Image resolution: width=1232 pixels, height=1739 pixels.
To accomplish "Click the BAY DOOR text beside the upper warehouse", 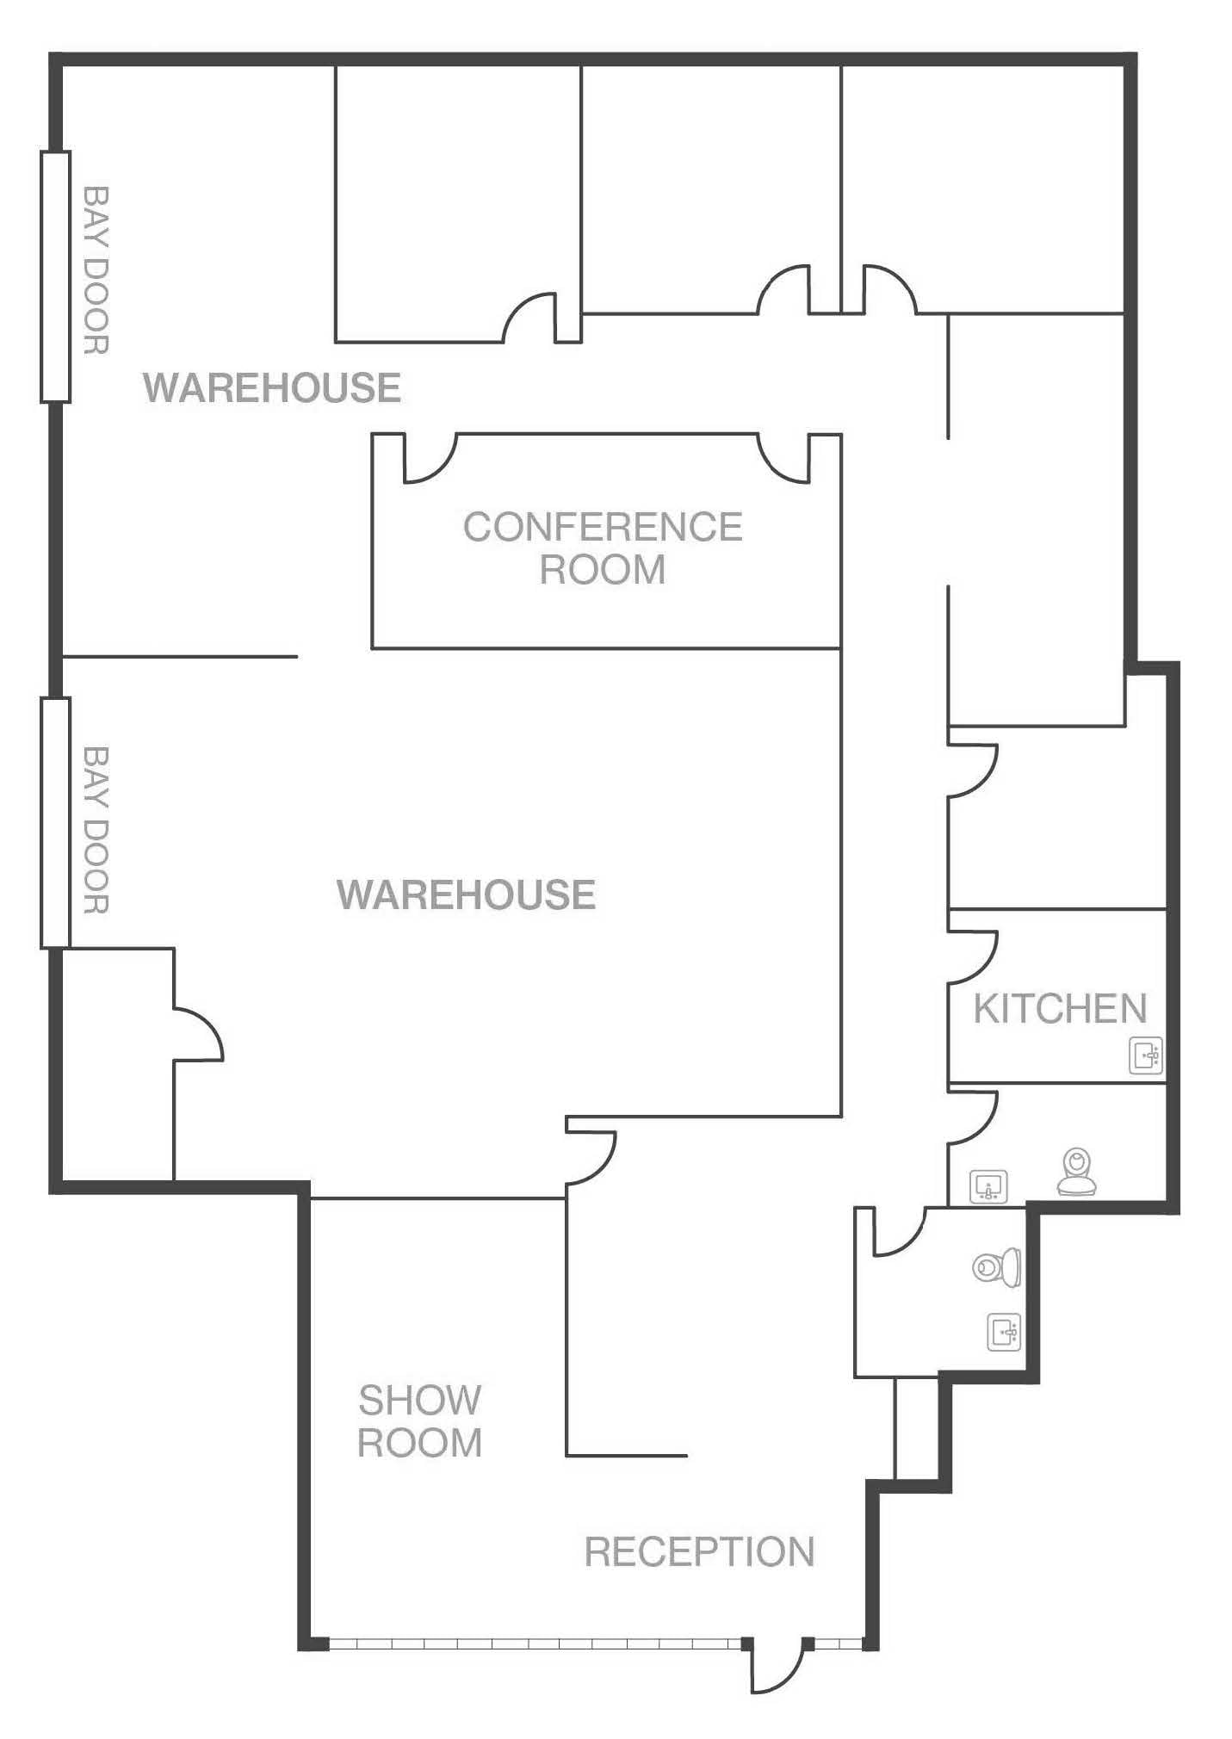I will (96, 270).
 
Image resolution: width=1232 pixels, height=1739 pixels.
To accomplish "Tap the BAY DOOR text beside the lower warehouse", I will (96, 830).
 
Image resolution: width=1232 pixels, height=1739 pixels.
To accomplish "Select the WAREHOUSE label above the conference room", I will (272, 387).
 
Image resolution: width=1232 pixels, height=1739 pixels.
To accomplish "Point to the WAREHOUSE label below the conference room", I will (466, 895).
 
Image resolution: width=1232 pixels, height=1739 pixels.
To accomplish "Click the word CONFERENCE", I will (603, 528).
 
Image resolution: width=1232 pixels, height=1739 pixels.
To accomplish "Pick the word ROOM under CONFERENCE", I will (603, 570).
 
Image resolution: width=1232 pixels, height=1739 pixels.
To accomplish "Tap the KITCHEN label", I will (1061, 1009).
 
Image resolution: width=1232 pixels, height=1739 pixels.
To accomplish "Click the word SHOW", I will (419, 1401).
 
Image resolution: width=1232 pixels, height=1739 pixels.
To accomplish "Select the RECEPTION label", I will (699, 1552).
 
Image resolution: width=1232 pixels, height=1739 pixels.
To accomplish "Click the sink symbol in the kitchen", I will (1146, 1055).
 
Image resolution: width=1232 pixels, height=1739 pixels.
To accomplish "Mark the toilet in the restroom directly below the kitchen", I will (1077, 1173).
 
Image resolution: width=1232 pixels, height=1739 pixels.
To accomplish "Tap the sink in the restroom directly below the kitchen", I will (988, 1187).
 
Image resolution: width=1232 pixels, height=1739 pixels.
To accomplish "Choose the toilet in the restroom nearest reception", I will (998, 1266).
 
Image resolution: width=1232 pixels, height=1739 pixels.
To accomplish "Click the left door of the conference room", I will (428, 459).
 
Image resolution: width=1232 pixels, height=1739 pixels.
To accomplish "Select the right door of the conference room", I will (784, 459).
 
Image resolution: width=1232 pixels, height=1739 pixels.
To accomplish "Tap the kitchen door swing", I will (973, 957).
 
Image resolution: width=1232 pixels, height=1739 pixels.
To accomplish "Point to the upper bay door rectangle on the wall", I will (55, 277).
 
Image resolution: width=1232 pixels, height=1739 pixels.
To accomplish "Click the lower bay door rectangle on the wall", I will (55, 823).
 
